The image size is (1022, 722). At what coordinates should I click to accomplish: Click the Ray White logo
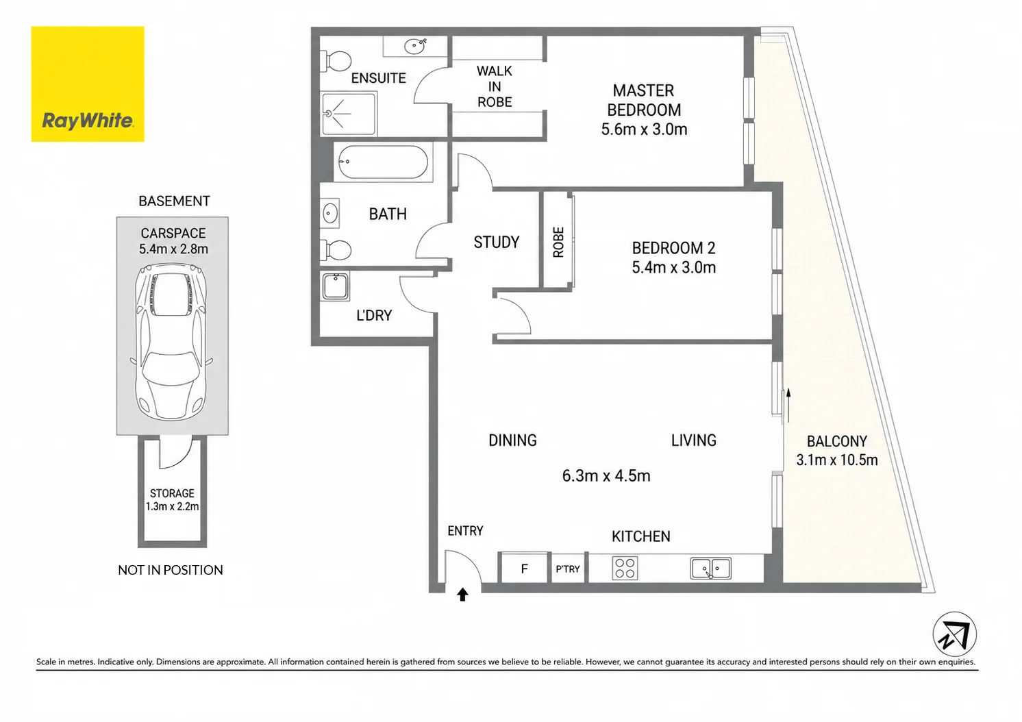pyautogui.click(x=88, y=84)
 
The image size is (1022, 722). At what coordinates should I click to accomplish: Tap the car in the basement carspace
pyautogui.click(x=171, y=341)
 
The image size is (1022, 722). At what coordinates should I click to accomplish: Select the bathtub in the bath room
pyautogui.click(x=384, y=162)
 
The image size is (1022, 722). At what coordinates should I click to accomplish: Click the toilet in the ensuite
pyautogui.click(x=337, y=61)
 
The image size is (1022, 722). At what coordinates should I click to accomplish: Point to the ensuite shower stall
pyautogui.click(x=349, y=114)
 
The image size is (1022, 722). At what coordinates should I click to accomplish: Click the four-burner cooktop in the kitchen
pyautogui.click(x=625, y=568)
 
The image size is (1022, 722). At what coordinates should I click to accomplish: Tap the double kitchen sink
pyautogui.click(x=710, y=568)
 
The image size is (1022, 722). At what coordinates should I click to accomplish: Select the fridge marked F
pyautogui.click(x=524, y=568)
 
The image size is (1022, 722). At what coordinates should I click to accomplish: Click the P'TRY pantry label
pyautogui.click(x=568, y=569)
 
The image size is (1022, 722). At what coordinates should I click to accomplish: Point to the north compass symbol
pyautogui.click(x=954, y=634)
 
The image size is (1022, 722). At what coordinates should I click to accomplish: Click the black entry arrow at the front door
pyautogui.click(x=462, y=594)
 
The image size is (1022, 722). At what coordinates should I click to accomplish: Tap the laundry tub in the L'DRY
pyautogui.click(x=336, y=286)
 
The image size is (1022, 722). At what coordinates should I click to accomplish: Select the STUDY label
pyautogui.click(x=497, y=242)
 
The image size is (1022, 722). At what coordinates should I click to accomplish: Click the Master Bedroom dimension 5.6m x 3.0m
pyautogui.click(x=644, y=129)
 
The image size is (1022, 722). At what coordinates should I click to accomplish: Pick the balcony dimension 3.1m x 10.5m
pyautogui.click(x=837, y=460)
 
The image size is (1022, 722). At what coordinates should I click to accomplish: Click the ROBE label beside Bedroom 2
pyautogui.click(x=558, y=242)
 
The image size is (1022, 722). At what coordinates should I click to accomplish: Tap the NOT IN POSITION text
pyautogui.click(x=170, y=570)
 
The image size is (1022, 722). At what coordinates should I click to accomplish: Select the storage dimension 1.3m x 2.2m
pyautogui.click(x=172, y=507)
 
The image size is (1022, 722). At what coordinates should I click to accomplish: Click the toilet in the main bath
pyautogui.click(x=336, y=250)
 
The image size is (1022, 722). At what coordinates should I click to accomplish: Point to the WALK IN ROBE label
pyautogui.click(x=495, y=87)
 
